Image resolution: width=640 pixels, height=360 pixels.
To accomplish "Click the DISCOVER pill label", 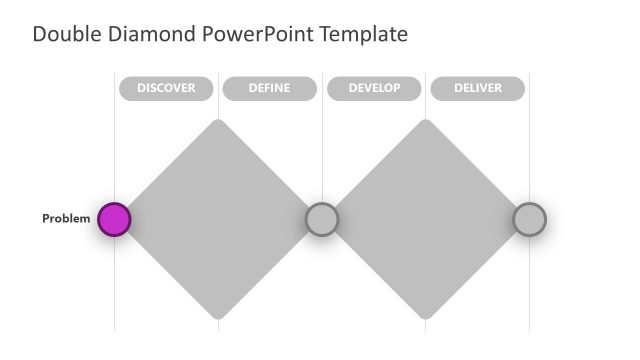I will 166,89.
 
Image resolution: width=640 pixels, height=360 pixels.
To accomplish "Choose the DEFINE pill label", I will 269,89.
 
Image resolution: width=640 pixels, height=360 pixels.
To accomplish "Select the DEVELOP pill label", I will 374,89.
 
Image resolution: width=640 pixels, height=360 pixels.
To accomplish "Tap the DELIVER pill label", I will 477,89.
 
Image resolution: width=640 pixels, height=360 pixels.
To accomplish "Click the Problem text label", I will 66,219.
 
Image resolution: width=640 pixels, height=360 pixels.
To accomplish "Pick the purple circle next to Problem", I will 114,219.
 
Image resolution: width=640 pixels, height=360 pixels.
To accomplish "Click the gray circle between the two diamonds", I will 321,219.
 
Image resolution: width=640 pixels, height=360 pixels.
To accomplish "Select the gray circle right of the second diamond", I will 529,219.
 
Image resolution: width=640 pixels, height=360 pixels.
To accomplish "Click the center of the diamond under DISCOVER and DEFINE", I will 218,219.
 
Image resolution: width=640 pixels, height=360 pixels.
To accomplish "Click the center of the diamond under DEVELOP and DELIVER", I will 426,219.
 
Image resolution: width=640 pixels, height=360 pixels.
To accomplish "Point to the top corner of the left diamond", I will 218,122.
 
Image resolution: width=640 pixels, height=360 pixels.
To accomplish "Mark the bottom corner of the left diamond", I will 218,316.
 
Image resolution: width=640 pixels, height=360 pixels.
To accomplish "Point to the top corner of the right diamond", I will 426,122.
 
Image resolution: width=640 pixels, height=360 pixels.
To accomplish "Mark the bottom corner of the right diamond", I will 426,316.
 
